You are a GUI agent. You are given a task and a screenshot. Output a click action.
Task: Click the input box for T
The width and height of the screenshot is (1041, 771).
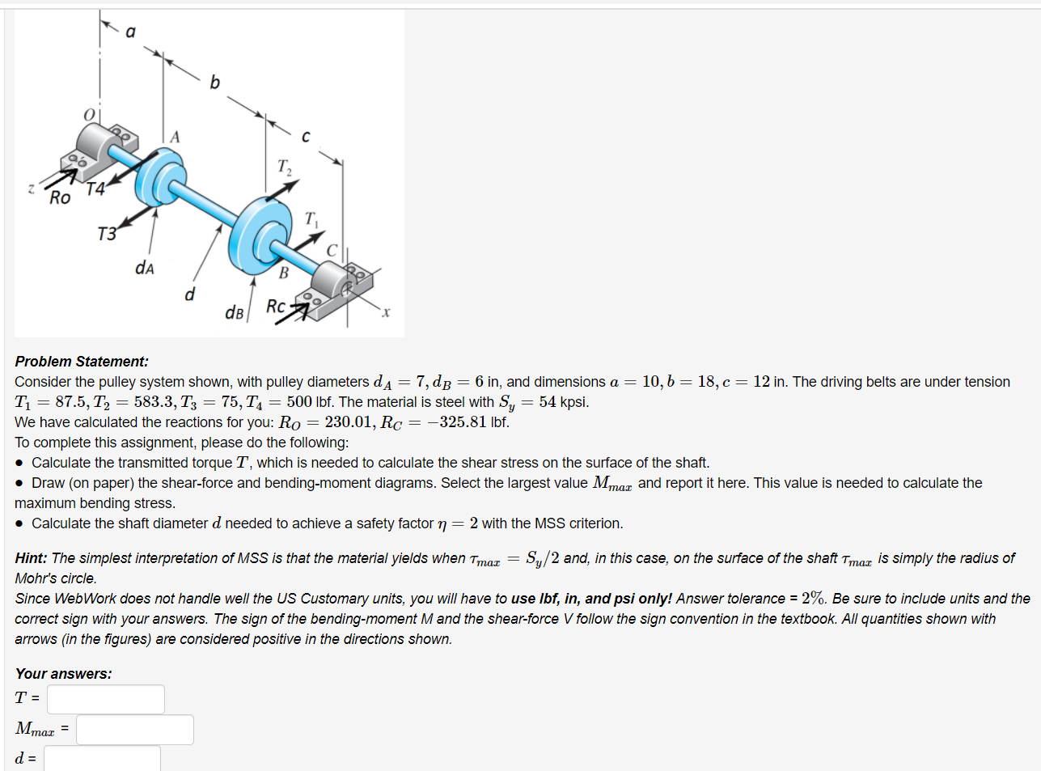(x=105, y=699)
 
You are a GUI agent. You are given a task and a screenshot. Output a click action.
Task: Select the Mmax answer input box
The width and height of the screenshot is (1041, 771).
(x=134, y=729)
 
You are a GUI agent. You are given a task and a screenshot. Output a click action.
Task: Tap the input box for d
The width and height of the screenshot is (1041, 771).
(x=102, y=758)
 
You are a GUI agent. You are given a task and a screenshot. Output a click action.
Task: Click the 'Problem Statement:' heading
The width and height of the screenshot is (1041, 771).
(x=82, y=362)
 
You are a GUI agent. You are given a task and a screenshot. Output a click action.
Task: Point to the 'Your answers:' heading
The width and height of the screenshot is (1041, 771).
(x=63, y=674)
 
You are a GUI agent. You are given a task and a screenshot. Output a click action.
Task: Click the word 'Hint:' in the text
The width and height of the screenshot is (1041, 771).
(x=31, y=558)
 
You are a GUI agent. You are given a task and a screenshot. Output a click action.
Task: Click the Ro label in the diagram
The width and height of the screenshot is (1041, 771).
(x=60, y=198)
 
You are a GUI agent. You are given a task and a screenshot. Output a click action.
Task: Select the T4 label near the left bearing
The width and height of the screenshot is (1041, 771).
(x=95, y=189)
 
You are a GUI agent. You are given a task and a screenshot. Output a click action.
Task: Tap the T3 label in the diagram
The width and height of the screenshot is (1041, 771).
(x=107, y=235)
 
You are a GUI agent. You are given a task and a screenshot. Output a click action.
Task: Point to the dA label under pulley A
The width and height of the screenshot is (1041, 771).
(x=145, y=268)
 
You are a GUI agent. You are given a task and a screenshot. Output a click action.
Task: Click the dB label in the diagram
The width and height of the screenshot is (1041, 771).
(x=235, y=312)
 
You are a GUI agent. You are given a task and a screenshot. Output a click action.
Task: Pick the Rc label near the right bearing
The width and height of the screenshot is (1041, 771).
(x=276, y=307)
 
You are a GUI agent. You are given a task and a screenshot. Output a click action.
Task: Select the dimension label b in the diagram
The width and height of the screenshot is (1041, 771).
(x=214, y=83)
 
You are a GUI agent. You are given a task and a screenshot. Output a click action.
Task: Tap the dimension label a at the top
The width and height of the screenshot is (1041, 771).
(x=130, y=32)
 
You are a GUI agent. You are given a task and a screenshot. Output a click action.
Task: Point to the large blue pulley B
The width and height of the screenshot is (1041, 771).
(x=260, y=234)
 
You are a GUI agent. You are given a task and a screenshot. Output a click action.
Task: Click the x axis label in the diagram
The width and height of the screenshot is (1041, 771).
(x=386, y=312)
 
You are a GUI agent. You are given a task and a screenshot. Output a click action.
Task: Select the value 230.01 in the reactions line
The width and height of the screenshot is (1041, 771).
(x=349, y=422)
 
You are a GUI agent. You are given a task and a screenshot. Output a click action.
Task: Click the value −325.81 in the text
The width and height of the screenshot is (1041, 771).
(x=457, y=422)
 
